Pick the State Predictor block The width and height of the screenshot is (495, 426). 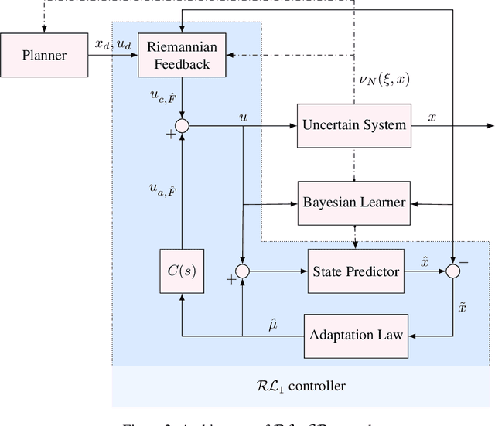tap(356, 271)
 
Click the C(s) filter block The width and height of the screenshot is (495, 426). tap(182, 271)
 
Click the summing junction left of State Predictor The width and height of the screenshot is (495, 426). tap(243, 271)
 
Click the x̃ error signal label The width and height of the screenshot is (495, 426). tap(462, 307)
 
